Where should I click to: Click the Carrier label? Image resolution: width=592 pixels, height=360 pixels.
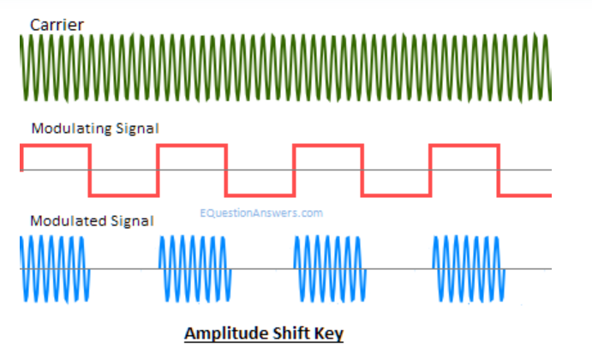tap(57, 24)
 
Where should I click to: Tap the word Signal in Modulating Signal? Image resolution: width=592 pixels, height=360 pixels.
tap(137, 129)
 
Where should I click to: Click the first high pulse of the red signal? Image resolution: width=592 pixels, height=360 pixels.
tap(55, 147)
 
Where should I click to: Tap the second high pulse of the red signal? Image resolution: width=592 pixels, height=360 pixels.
tap(191, 147)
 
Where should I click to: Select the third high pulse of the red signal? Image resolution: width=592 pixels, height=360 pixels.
tap(327, 147)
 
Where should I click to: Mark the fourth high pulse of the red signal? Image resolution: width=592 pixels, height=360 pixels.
tap(463, 147)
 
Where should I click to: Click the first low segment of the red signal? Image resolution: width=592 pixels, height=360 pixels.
tap(123, 194)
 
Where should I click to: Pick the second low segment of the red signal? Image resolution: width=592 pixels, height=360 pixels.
tap(260, 194)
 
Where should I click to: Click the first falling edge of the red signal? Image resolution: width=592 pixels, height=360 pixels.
tap(90, 170)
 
